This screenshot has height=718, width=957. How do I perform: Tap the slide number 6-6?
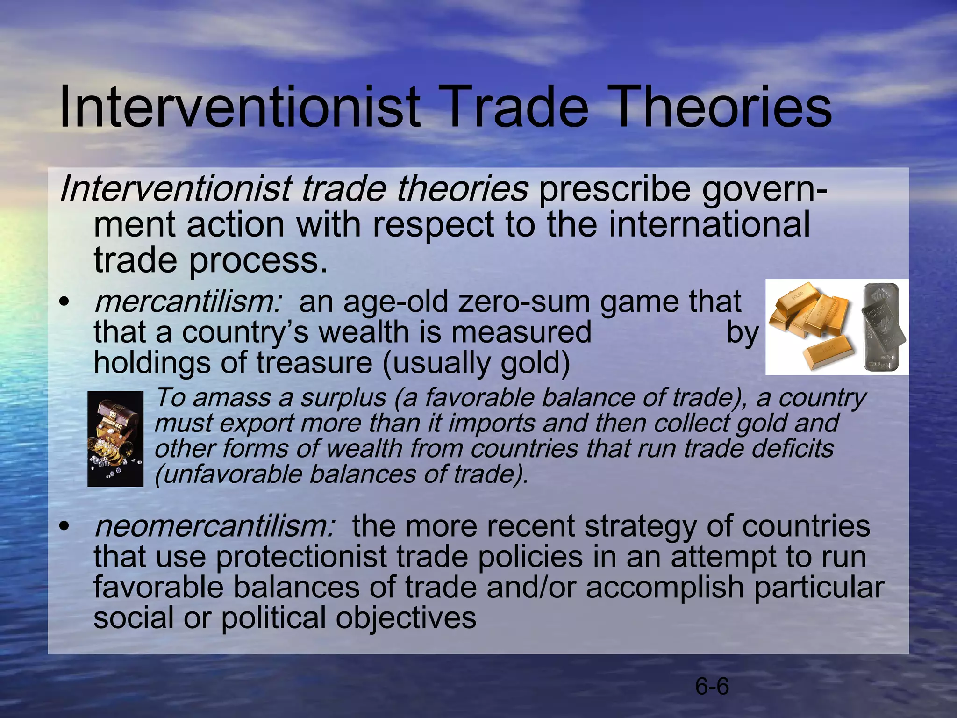click(x=712, y=687)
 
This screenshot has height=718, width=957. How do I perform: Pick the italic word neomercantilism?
click(x=214, y=526)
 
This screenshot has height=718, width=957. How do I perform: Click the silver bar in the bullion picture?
click(x=883, y=327)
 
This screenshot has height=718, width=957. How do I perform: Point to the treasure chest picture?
click(x=115, y=439)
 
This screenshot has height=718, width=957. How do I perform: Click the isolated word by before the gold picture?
click(x=742, y=333)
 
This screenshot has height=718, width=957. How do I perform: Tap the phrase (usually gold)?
click(x=476, y=364)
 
